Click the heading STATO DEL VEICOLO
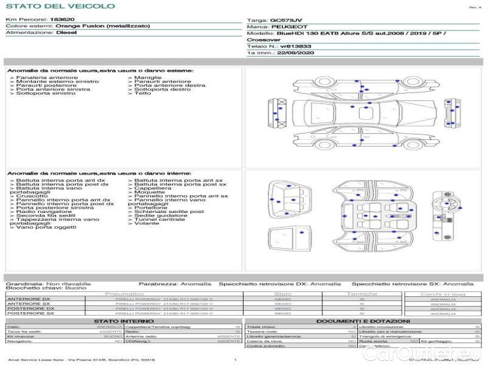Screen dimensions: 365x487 pos(60,6)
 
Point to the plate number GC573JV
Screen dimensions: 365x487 pos(286,20)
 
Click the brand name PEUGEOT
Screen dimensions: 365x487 pos(284,27)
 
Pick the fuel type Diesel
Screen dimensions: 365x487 pos(66,33)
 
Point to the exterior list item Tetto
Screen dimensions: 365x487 pos(142,94)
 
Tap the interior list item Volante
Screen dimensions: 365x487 pos(147,223)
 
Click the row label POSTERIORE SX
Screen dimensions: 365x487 pos(30,313)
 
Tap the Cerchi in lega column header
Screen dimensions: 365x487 pos(443,294)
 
